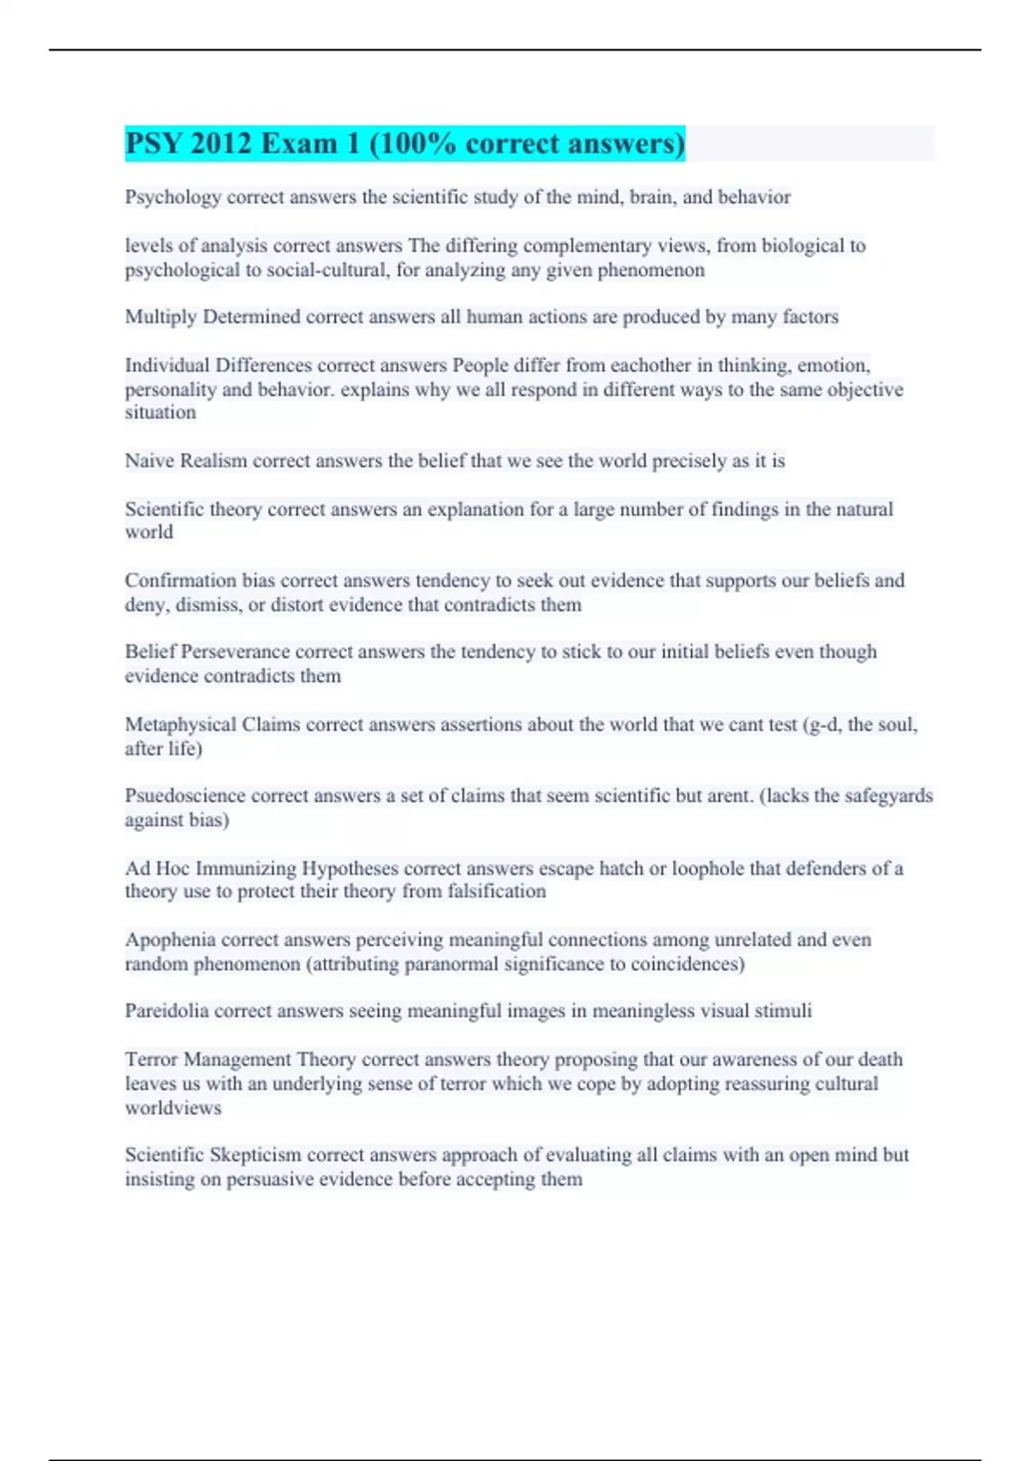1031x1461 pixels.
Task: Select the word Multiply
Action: [x=161, y=317]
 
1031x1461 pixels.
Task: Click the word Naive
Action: [x=149, y=461]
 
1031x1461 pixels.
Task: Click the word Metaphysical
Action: [x=180, y=724]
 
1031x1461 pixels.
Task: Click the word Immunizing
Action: [x=245, y=868]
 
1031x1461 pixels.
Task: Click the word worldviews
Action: [x=173, y=1108]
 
